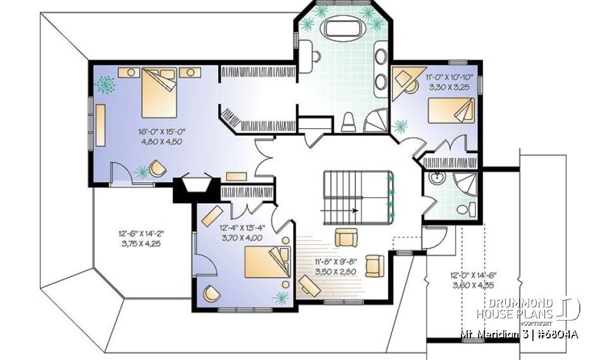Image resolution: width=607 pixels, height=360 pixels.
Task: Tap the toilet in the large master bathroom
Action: (348, 122)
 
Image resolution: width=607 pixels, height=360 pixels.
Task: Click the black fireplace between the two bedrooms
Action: (196, 189)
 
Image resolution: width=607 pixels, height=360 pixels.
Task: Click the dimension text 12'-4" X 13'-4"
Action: (241, 228)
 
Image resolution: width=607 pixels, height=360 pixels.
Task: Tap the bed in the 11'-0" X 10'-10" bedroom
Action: (450, 112)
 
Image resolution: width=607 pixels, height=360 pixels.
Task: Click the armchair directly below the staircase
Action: (345, 237)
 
